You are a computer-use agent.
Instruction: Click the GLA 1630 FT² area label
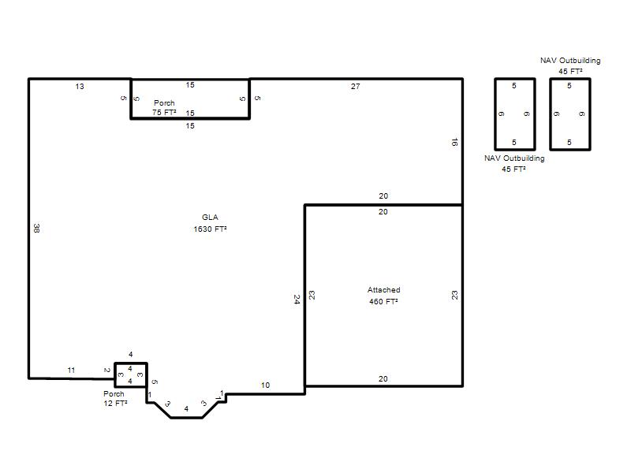click(x=210, y=223)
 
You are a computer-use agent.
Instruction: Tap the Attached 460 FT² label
click(x=383, y=296)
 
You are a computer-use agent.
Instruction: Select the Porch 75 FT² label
click(x=164, y=108)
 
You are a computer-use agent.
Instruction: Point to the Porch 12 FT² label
click(x=115, y=399)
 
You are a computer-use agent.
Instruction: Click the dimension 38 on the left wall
click(x=36, y=228)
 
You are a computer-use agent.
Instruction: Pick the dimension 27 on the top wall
click(x=356, y=87)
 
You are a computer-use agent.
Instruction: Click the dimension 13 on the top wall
click(x=80, y=87)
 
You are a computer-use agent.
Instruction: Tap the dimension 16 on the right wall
click(x=454, y=142)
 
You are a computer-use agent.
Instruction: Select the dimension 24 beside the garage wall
click(x=297, y=300)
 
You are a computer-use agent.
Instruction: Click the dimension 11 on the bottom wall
click(x=71, y=371)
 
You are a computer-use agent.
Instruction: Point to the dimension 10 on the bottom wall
click(x=265, y=385)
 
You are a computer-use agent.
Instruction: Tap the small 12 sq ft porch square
click(x=131, y=363)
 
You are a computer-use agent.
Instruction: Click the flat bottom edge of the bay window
click(x=186, y=418)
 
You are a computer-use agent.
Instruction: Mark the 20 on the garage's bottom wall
click(x=383, y=379)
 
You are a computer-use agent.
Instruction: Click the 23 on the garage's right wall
click(x=454, y=295)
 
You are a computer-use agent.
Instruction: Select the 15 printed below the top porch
click(x=190, y=126)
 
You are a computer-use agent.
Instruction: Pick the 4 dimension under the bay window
click(x=186, y=409)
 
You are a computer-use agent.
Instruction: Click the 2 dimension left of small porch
click(x=107, y=371)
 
